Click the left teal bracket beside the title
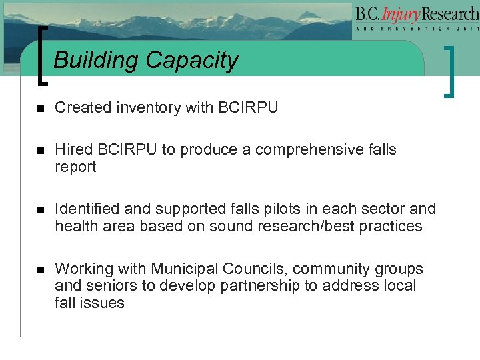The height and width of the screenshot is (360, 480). [43, 56]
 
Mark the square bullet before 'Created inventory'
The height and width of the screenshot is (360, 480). [40, 108]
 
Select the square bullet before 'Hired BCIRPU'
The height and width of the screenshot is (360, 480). [40, 150]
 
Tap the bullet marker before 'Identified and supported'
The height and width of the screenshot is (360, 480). [40, 209]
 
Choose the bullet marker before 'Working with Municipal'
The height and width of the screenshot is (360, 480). [40, 269]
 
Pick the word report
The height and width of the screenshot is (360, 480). [75, 167]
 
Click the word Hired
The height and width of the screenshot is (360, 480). [73, 149]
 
